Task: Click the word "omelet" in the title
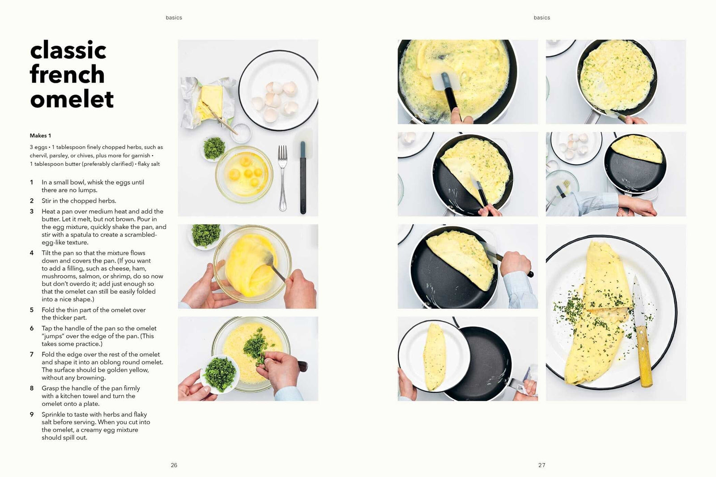click(72, 99)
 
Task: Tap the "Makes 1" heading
click(40, 136)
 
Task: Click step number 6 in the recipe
click(32, 328)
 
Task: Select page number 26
click(174, 465)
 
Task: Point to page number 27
click(541, 465)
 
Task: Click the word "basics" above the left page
click(174, 18)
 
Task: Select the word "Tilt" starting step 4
click(47, 253)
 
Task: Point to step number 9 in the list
click(32, 415)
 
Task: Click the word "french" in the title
click(67, 74)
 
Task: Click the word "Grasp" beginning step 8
click(50, 388)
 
